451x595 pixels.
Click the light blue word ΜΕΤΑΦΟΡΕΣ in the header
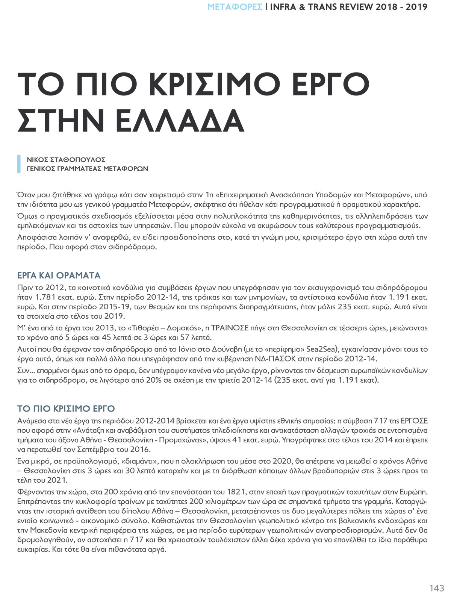click(235, 7)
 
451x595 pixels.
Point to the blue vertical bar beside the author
click(19, 164)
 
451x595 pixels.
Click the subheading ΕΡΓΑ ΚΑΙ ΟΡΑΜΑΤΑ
click(59, 275)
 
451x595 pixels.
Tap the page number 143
click(437, 588)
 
